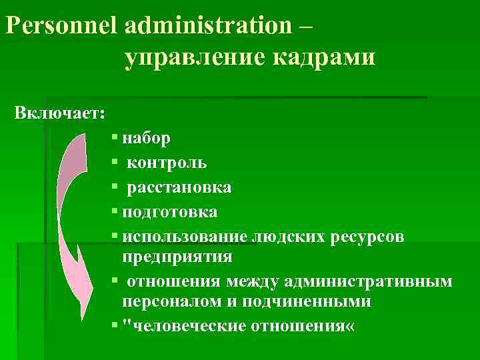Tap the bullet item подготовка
(170, 212)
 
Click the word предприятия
(177, 256)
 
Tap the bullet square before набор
(115, 137)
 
